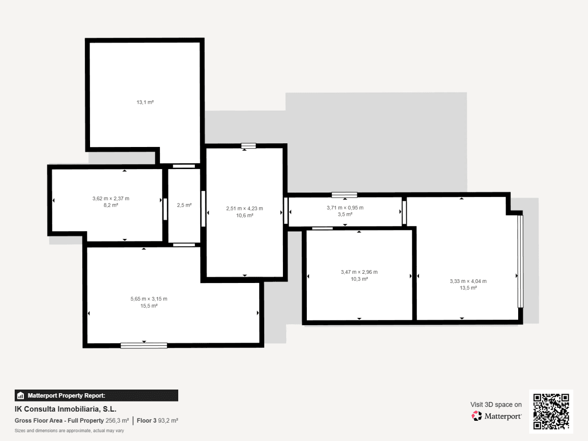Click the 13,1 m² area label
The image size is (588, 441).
coord(145,102)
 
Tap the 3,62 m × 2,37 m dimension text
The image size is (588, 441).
coord(111,198)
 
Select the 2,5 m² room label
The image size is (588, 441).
coord(184,205)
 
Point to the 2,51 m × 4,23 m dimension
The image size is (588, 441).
coord(244,208)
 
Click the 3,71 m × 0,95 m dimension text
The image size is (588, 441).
coord(345,208)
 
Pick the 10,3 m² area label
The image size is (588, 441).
coord(359,279)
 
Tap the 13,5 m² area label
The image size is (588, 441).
coord(468,288)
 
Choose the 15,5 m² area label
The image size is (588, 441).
coord(149,306)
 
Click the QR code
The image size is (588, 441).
coord(551,411)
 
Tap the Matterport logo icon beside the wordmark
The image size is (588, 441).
coord(476,416)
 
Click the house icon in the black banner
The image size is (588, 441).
coord(21,396)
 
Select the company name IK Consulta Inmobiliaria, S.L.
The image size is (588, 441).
coord(65,409)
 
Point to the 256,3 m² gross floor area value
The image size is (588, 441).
coord(117,420)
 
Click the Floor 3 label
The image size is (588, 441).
coord(147,420)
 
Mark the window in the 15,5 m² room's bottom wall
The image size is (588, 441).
coord(144,345)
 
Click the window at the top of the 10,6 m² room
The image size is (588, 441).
coord(249,146)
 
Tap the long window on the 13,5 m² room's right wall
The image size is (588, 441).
coord(520,261)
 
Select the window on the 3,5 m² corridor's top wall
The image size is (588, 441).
coord(344,195)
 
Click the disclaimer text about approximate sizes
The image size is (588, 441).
coord(69,430)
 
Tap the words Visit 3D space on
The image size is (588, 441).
coord(496,405)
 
